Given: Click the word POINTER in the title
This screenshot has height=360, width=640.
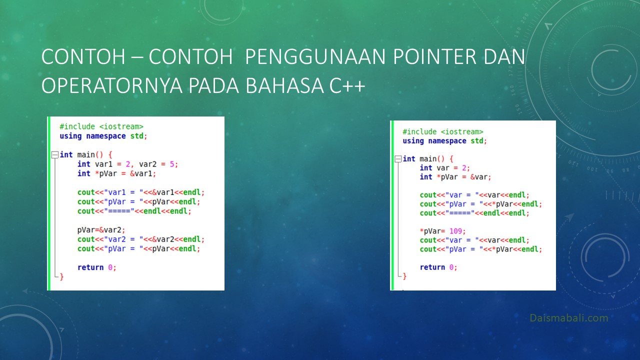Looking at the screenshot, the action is click(435, 56).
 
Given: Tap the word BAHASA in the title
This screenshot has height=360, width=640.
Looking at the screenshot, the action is click(284, 85).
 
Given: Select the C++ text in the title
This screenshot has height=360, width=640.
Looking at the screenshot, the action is click(347, 85).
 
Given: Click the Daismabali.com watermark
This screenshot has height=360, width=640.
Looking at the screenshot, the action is click(569, 317).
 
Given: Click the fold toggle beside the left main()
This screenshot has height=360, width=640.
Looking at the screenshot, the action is click(55, 155).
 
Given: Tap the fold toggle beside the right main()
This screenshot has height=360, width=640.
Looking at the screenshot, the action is click(397, 159).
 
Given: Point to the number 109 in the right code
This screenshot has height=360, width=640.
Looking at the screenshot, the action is click(455, 231).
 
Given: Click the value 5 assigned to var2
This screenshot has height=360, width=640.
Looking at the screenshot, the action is click(171, 164).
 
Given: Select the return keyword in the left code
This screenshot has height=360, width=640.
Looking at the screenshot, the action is click(90, 267).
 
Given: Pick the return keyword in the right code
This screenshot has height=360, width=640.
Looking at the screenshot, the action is click(432, 267).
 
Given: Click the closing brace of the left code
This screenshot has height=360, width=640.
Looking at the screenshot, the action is click(61, 276).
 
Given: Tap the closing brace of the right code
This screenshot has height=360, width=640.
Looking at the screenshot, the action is click(404, 276).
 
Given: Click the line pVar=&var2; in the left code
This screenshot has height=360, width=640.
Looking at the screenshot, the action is click(101, 230).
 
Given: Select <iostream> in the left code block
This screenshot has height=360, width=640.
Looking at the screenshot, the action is click(121, 126).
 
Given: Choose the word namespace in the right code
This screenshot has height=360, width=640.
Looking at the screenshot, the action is click(447, 141).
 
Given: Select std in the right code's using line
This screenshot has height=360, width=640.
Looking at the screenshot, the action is click(477, 141).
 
